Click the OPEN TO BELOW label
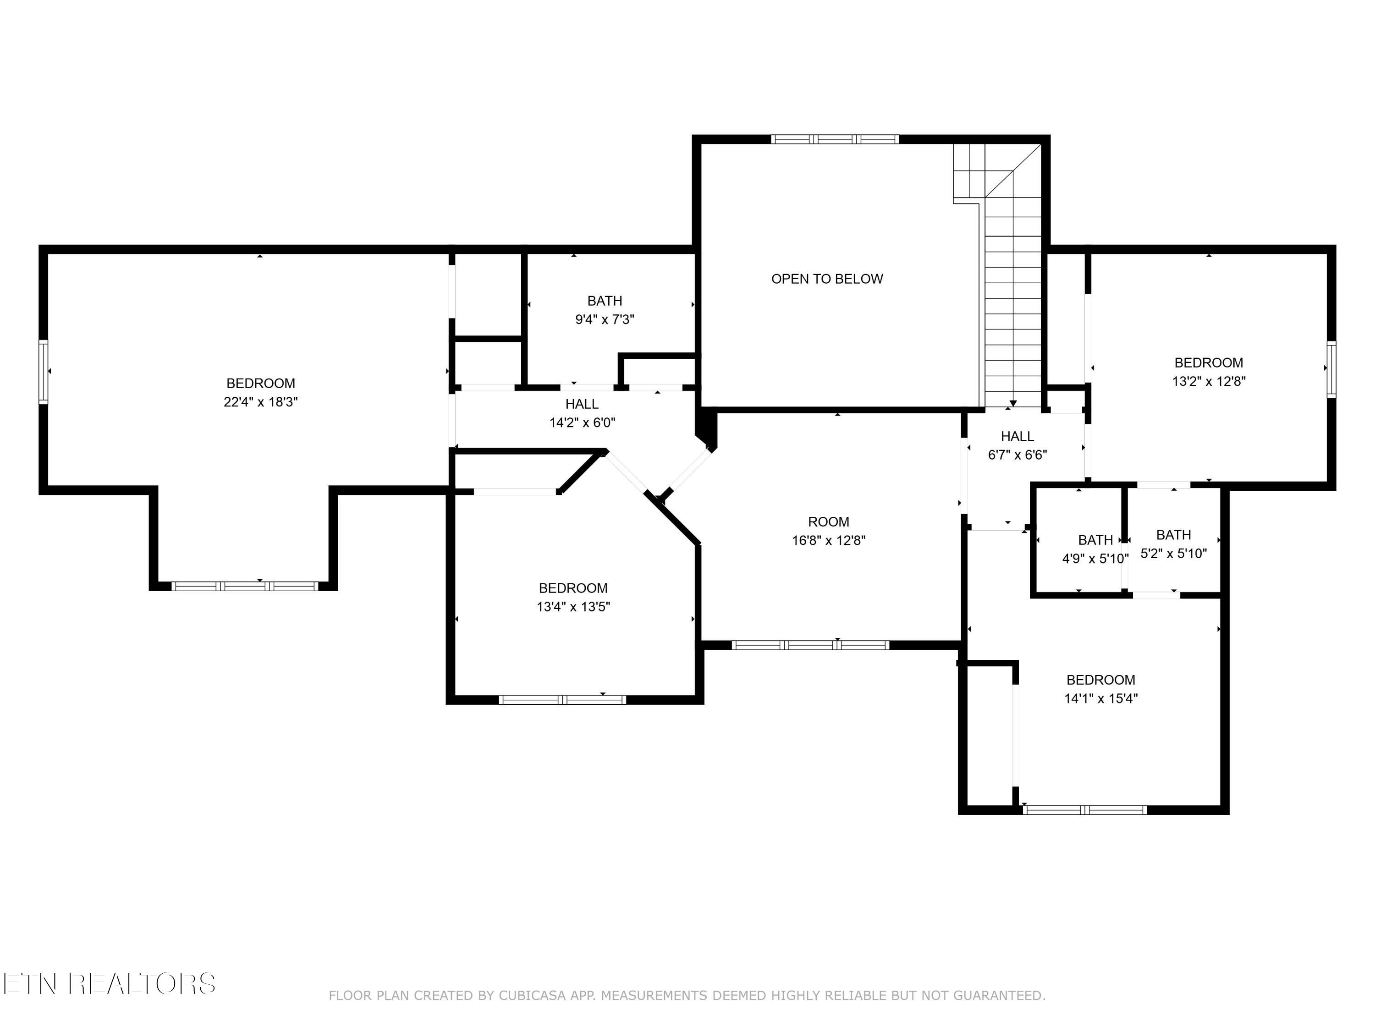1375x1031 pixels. tap(827, 279)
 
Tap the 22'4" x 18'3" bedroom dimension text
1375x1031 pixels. tap(260, 402)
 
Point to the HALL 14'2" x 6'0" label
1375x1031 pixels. tap(582, 413)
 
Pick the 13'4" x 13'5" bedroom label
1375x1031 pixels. tap(573, 597)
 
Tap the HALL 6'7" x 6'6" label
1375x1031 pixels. tap(1017, 445)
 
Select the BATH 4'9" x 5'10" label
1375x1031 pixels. tap(1095, 549)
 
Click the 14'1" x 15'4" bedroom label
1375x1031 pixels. tap(1100, 689)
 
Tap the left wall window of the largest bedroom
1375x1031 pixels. tap(43, 371)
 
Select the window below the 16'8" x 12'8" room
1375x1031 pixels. tap(810, 645)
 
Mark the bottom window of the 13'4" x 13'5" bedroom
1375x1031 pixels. tap(562, 700)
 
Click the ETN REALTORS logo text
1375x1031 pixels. tap(109, 984)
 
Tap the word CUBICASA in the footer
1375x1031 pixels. tap(532, 996)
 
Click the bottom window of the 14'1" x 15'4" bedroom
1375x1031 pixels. tap(1084, 810)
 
